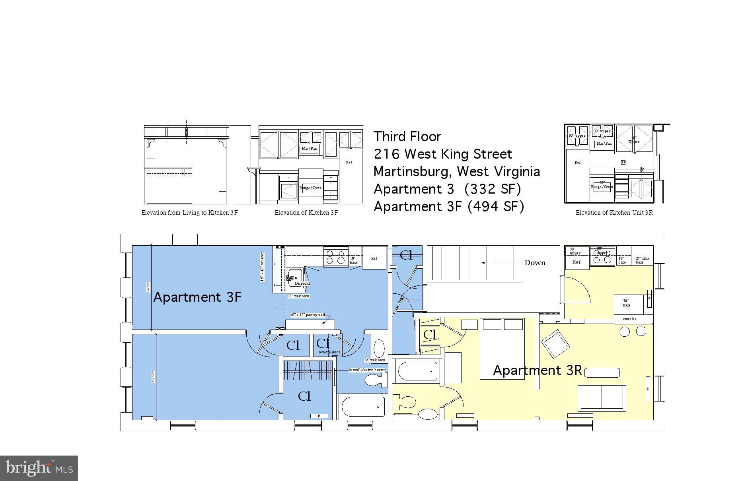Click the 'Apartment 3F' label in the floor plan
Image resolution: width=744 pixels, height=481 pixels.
(x=197, y=297)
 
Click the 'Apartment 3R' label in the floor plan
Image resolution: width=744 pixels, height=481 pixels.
(x=537, y=370)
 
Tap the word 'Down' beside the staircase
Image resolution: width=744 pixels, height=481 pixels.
(x=535, y=263)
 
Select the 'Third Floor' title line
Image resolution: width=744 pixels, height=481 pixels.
(x=407, y=137)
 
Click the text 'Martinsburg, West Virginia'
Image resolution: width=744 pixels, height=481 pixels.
(x=456, y=172)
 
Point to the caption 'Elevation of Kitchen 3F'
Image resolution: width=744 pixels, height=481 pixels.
(x=306, y=213)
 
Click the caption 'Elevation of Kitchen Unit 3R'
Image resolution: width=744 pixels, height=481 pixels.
(x=614, y=213)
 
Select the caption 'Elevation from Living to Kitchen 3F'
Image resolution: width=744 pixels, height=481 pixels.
(x=189, y=213)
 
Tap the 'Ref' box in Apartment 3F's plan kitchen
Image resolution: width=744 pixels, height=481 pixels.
(x=374, y=258)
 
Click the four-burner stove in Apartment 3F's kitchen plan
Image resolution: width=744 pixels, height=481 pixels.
(x=335, y=256)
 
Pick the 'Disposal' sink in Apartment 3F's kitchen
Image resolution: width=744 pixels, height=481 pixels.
(x=295, y=277)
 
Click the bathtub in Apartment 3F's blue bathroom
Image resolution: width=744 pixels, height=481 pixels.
(x=362, y=407)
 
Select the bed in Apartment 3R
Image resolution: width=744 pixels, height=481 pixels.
(x=502, y=348)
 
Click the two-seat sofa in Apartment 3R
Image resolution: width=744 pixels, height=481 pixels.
(x=602, y=398)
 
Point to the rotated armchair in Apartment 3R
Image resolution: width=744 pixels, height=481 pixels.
(x=555, y=344)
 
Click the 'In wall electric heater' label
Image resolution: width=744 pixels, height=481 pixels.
(x=366, y=370)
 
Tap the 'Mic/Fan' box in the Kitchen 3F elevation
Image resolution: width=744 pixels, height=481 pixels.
(x=309, y=149)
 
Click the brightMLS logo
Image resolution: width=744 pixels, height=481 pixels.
(x=39, y=468)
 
